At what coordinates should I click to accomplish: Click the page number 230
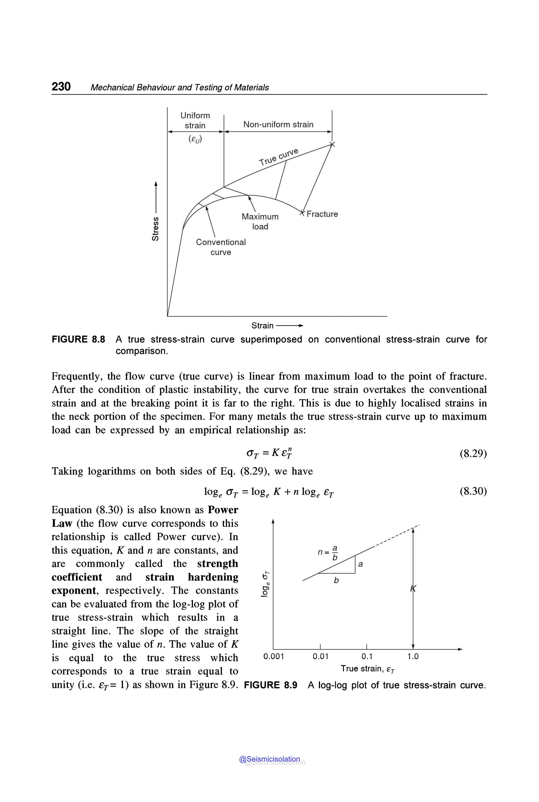pyautogui.click(x=61, y=86)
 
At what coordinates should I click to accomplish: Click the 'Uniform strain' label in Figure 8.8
pyautogui.click(x=195, y=120)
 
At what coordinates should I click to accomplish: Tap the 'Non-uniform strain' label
pyautogui.click(x=278, y=124)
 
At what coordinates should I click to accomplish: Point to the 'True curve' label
pyautogui.click(x=278, y=157)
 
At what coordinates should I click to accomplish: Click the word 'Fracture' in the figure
pyautogui.click(x=322, y=214)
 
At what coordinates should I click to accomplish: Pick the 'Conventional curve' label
pyautogui.click(x=221, y=247)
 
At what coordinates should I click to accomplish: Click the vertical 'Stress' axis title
pyautogui.click(x=155, y=229)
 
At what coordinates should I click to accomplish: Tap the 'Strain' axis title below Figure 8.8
pyautogui.click(x=262, y=325)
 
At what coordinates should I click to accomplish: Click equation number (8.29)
pyautogui.click(x=473, y=453)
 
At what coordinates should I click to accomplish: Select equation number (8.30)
pyautogui.click(x=473, y=491)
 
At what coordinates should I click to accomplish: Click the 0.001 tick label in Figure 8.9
pyautogui.click(x=274, y=656)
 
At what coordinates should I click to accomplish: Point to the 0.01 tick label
pyautogui.click(x=320, y=656)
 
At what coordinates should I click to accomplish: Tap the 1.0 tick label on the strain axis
pyautogui.click(x=413, y=656)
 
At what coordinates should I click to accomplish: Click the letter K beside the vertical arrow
pyautogui.click(x=413, y=589)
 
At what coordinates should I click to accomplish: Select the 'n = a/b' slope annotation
pyautogui.click(x=328, y=552)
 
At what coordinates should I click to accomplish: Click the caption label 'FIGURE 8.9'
pyautogui.click(x=271, y=685)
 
